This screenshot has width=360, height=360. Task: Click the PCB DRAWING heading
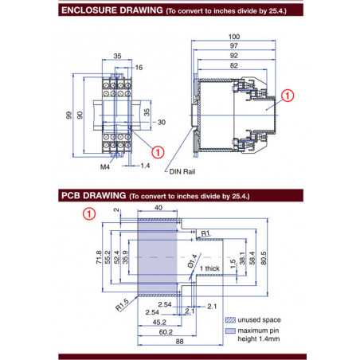pos(93,195)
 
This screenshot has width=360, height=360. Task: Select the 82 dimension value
pos(234,66)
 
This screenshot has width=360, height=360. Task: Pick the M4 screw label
pos(105,167)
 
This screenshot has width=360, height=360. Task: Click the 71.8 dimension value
pos(98,257)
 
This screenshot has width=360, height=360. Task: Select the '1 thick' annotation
pos(209,269)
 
